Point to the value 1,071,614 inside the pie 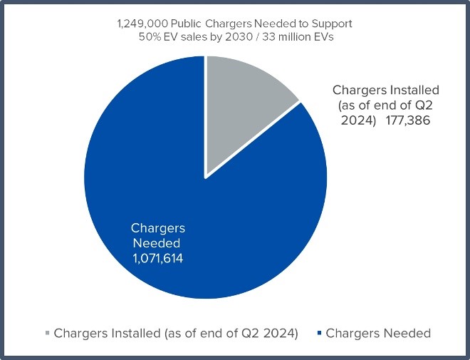(x=157, y=259)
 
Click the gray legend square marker (x=48, y=333)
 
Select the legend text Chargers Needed (x=377, y=333)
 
